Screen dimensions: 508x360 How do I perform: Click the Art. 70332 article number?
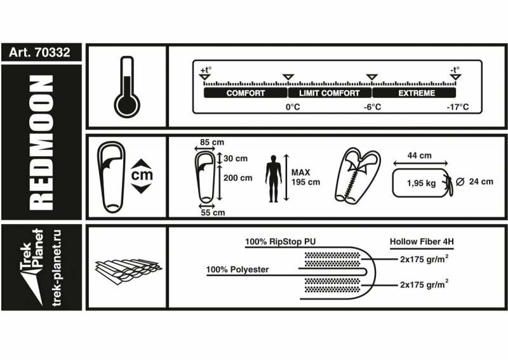click(x=41, y=53)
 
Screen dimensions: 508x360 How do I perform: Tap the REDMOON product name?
click(x=41, y=142)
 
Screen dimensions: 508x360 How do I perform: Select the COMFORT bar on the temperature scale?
click(x=246, y=93)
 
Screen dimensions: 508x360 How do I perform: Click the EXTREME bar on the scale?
click(x=417, y=93)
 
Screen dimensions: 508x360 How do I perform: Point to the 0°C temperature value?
click(x=293, y=107)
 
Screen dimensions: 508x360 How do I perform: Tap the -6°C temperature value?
click(x=373, y=107)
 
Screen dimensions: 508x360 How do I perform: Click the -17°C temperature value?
click(x=458, y=107)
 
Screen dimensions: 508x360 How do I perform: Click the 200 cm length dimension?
click(x=238, y=178)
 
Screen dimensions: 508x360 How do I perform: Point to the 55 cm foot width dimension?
click(x=212, y=213)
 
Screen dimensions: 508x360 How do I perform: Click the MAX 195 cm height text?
click(x=305, y=177)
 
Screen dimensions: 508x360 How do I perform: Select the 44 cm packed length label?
click(x=420, y=156)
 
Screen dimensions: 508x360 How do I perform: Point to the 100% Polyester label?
click(x=237, y=269)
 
